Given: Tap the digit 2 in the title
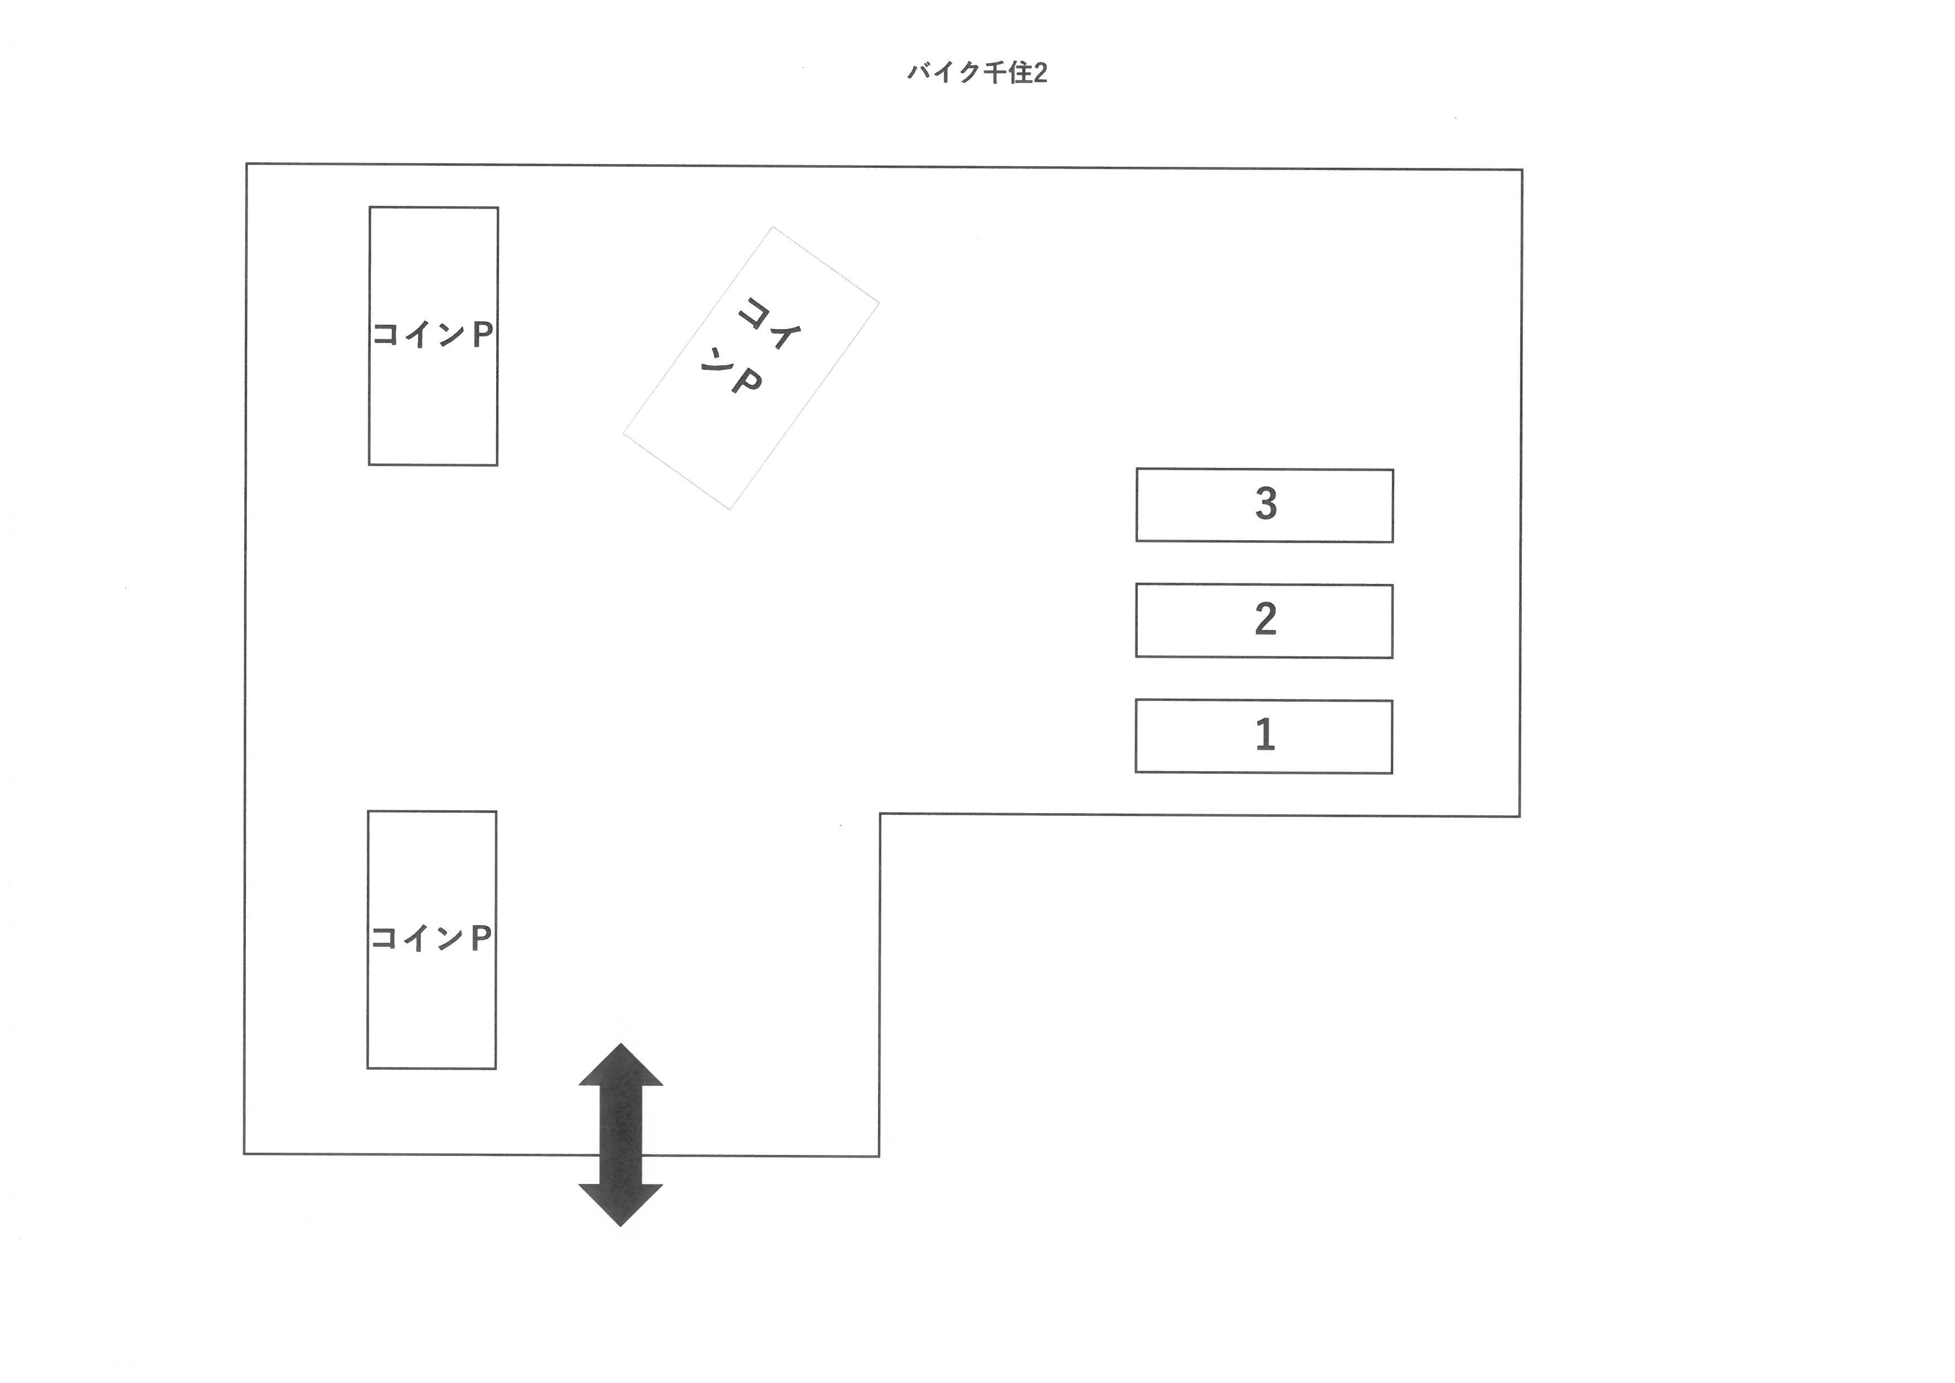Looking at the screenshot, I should [1040, 73].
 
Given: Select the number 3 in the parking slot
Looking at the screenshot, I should [1265, 504].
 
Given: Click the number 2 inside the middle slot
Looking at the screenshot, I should [1265, 619].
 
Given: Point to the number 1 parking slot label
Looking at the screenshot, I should [1265, 734].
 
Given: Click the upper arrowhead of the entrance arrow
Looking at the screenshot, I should [621, 1066].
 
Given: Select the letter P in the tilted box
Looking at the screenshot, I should [746, 383].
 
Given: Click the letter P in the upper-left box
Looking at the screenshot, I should [482, 335].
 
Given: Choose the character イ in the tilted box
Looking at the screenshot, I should [783, 334].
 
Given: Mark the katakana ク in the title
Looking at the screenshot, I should [969, 73].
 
